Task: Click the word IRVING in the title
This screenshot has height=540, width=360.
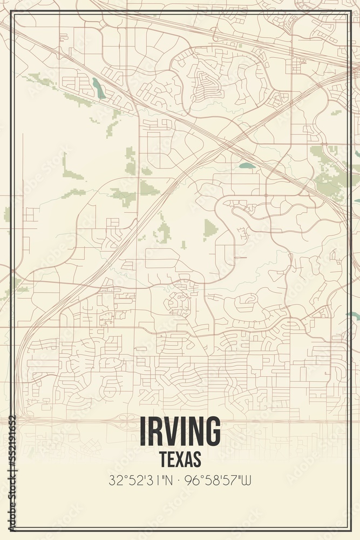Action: (x=180, y=431)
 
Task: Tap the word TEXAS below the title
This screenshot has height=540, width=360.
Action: (x=180, y=458)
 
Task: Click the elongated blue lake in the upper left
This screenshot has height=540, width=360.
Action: (x=99, y=87)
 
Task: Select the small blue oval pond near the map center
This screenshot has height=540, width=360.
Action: (x=247, y=166)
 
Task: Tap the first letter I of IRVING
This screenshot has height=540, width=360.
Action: (x=143, y=431)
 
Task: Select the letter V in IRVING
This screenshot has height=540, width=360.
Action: (x=171, y=431)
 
